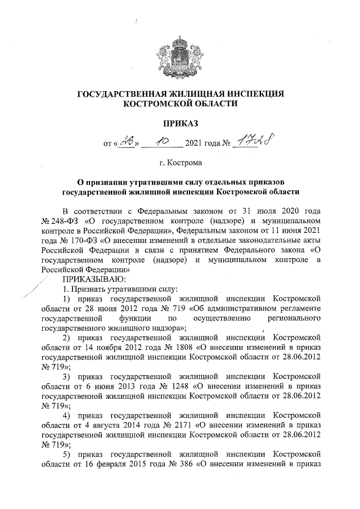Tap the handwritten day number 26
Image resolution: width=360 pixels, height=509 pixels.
[122, 144]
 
